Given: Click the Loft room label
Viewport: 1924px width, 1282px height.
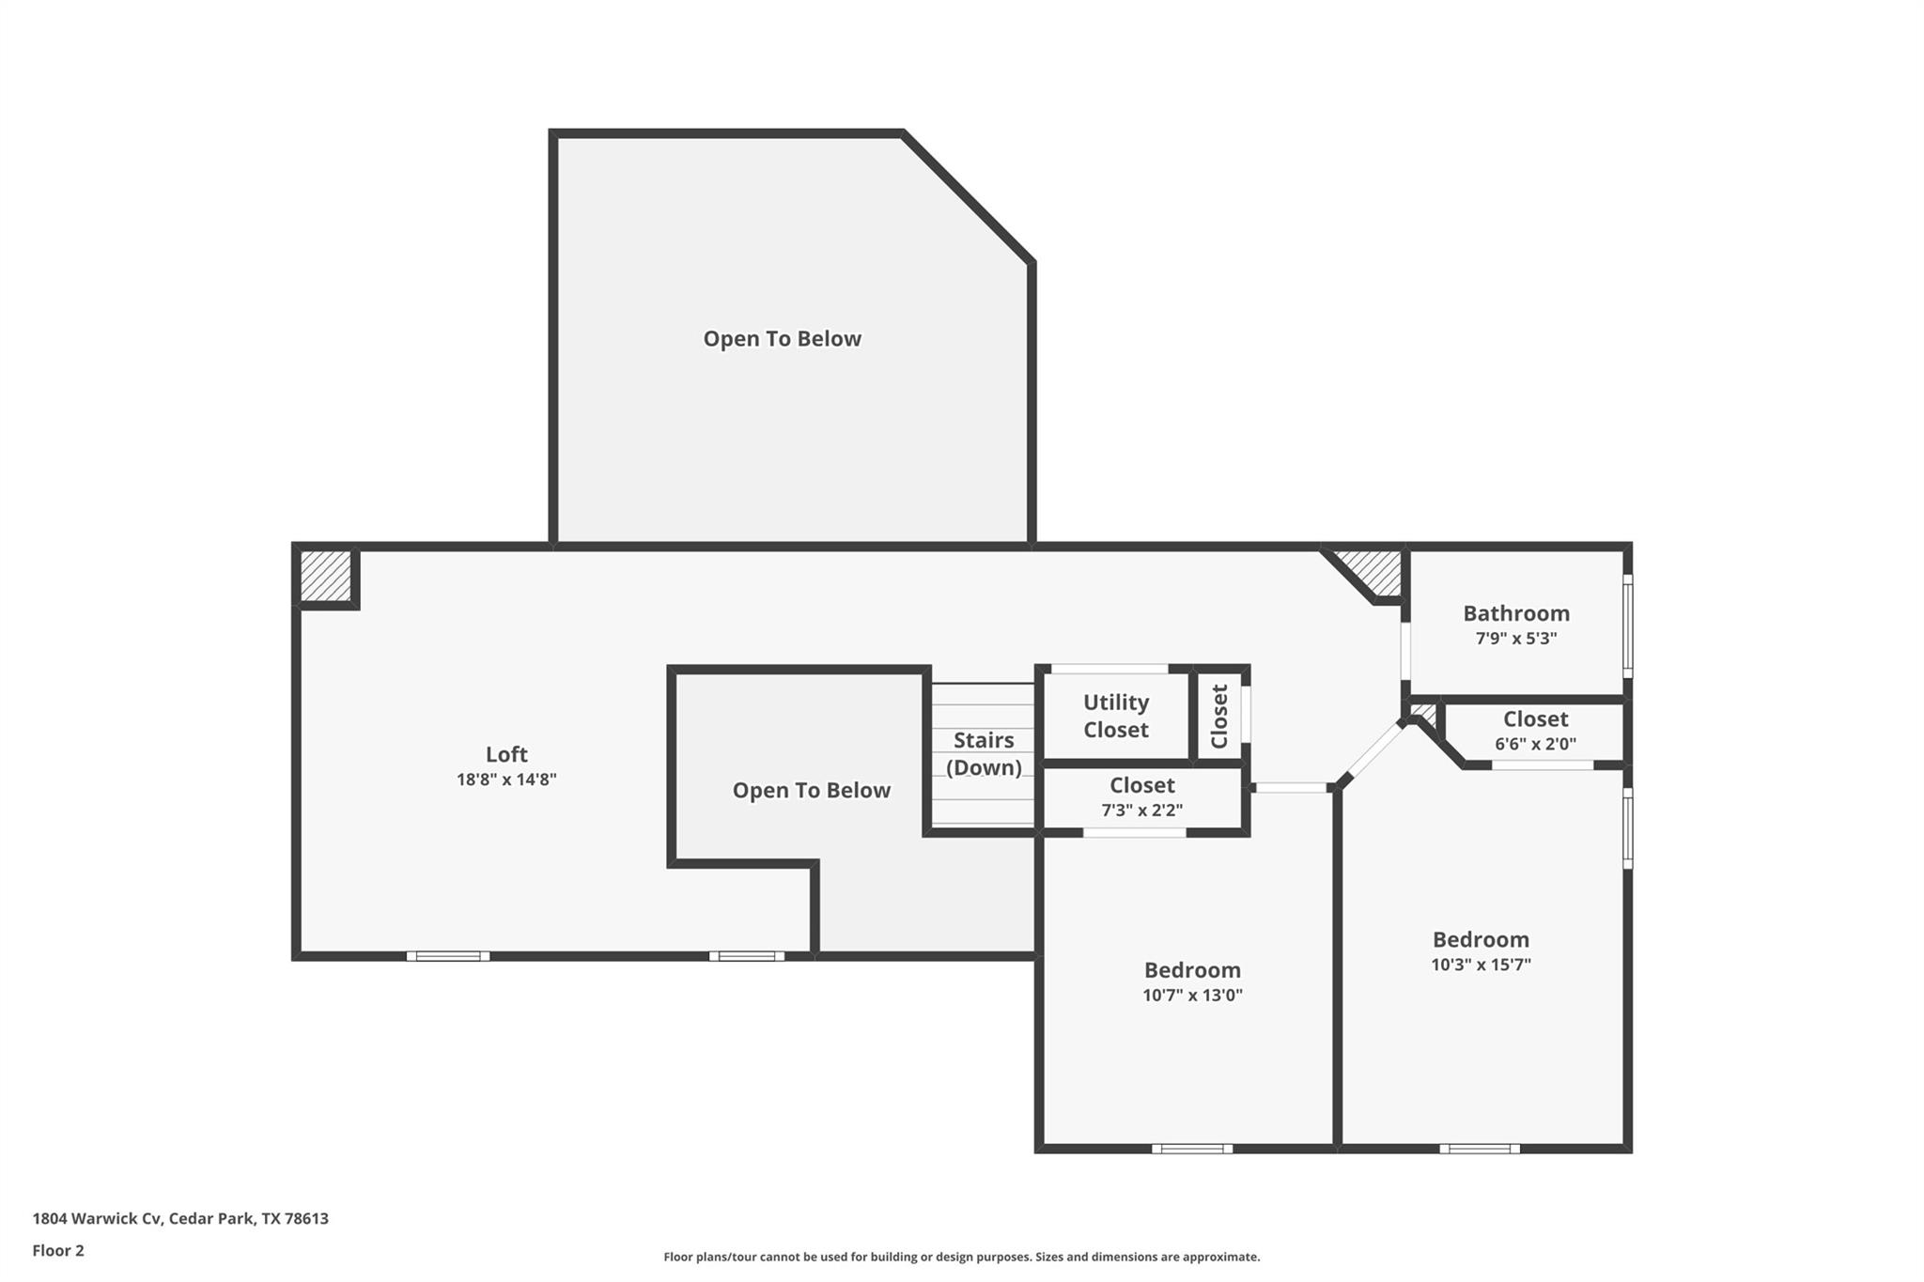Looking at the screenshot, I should click(506, 754).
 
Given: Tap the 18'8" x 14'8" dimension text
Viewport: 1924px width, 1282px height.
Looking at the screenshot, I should click(506, 780).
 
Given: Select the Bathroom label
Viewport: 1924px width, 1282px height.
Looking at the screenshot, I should click(1515, 613).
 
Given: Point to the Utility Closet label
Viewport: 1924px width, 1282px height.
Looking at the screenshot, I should click(1115, 716).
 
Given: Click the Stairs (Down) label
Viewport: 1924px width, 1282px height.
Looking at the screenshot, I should click(984, 753).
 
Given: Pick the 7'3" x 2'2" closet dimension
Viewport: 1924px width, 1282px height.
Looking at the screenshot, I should click(1141, 810).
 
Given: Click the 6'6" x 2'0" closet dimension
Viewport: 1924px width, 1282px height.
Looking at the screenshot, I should click(1535, 744).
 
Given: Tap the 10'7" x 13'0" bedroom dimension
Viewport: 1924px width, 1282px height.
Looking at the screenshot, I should click(1192, 996).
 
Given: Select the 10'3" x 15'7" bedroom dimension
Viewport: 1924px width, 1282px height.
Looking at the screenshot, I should click(1481, 965).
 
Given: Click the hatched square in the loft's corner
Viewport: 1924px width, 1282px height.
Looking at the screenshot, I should click(325, 576).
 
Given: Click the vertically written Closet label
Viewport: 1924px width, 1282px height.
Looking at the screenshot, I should click(1219, 716).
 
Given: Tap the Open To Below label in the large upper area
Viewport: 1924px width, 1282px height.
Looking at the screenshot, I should click(782, 339).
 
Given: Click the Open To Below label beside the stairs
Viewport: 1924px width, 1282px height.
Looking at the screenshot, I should click(811, 791).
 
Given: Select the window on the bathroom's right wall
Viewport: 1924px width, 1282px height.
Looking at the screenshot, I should click(1627, 626).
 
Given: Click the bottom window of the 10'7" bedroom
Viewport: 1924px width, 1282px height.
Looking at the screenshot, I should click(1192, 1148).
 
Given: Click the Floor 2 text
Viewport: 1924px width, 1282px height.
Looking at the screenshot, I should click(58, 1250).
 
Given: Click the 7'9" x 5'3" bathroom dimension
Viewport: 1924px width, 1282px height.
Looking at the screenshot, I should click(1515, 639).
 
